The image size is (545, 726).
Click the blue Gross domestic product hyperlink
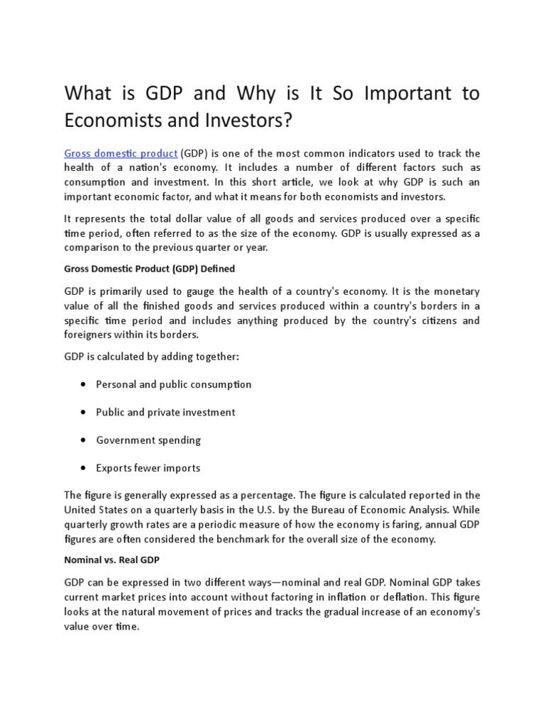coord(121,153)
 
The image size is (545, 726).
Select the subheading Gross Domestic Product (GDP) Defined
coord(149,269)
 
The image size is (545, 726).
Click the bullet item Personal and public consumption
coord(173,384)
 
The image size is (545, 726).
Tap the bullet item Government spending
coord(148,440)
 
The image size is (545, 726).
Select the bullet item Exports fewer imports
coord(148,468)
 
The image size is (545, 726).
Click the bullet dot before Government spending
coord(84,440)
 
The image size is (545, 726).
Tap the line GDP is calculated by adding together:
coord(152,357)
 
